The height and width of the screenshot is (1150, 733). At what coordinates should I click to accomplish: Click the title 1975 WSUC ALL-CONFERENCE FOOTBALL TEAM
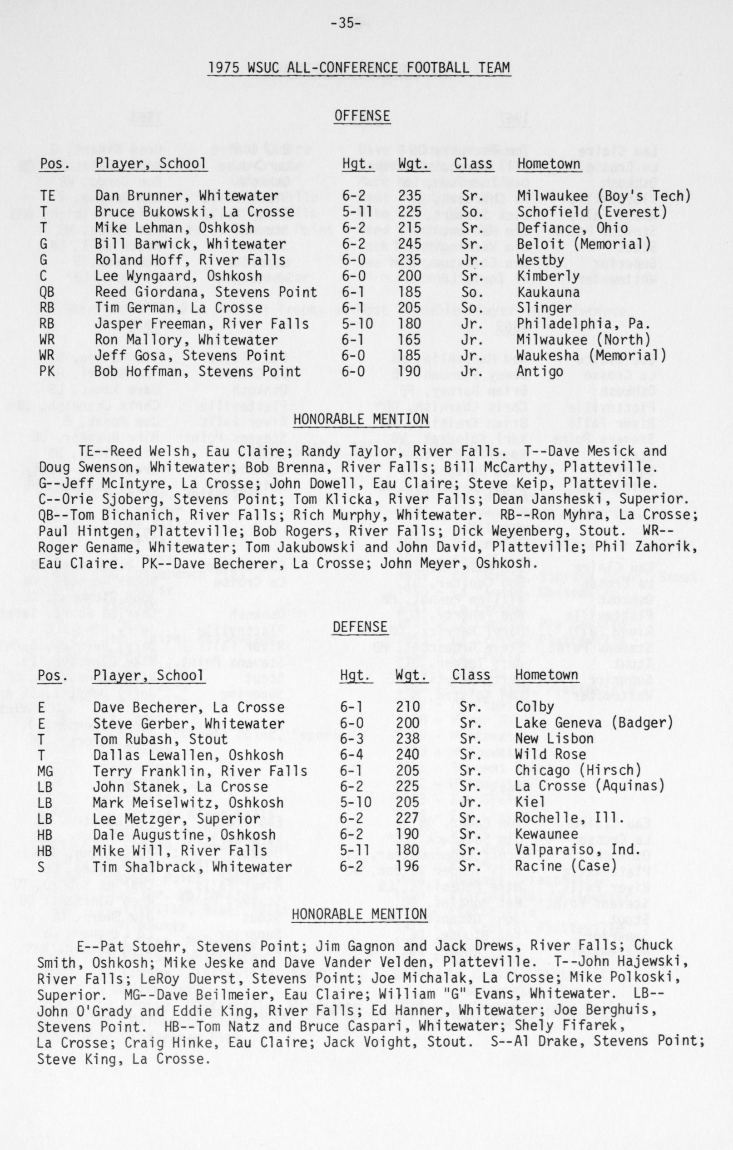point(359,68)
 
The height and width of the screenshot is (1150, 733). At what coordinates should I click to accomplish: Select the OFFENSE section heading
point(362,116)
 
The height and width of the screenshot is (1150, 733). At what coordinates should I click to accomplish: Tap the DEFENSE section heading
point(360,627)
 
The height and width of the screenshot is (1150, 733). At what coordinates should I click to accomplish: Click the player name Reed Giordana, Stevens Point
point(205,292)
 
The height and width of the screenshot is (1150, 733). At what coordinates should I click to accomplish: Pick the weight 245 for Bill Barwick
point(410,244)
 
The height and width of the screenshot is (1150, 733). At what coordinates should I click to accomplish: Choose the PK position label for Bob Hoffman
point(47,372)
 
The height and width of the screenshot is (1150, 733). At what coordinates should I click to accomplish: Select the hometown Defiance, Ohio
point(572,228)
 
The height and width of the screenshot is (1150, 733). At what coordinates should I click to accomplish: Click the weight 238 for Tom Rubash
point(407,739)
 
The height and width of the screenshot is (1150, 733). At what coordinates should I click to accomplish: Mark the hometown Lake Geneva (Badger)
point(594,722)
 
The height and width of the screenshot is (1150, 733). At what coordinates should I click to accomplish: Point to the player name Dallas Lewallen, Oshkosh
point(188,755)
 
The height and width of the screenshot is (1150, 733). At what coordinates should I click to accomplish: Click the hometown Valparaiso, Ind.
point(578,850)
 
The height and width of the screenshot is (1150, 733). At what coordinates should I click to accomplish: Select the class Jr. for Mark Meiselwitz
point(470,803)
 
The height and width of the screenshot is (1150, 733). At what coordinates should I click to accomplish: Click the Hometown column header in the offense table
point(549,164)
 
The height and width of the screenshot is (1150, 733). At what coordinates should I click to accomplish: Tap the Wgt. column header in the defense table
point(411,675)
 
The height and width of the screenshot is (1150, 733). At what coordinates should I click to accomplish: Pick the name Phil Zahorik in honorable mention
point(658,546)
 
